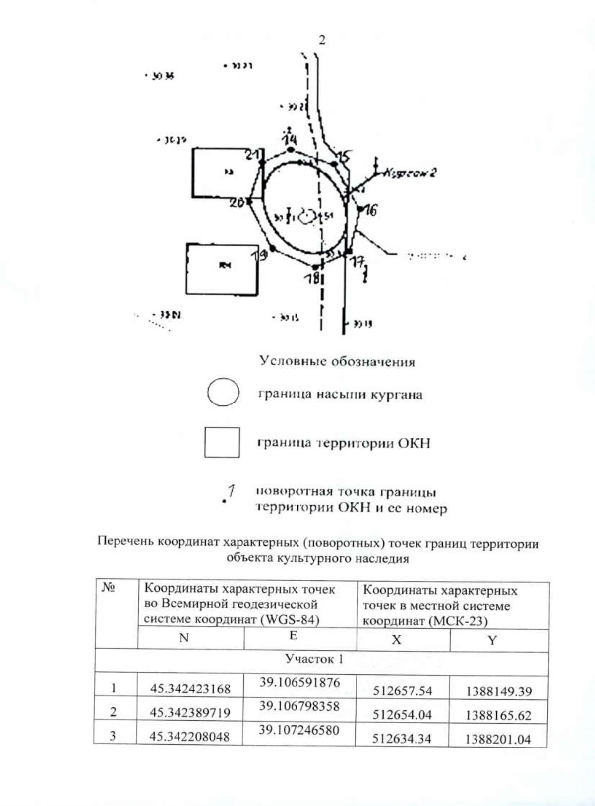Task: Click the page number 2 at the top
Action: [x=322, y=40]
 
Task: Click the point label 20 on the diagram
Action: [x=238, y=202]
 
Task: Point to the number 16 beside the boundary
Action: [x=370, y=210]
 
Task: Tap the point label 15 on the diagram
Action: [x=344, y=157]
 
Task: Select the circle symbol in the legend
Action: [x=223, y=393]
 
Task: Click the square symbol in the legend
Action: [x=222, y=442]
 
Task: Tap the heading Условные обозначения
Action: [x=337, y=361]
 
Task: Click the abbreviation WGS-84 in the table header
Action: [x=296, y=620]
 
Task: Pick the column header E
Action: [x=293, y=636]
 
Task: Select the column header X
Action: [x=396, y=640]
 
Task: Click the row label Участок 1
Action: [x=314, y=659]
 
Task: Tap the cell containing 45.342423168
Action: [x=190, y=689]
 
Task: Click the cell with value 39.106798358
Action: [x=299, y=706]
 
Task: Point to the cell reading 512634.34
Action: [x=402, y=739]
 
